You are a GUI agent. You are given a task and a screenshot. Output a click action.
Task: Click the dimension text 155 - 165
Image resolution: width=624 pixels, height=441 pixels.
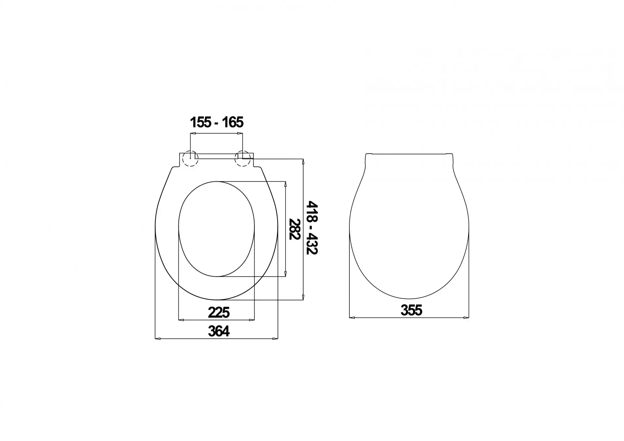(x=216, y=123)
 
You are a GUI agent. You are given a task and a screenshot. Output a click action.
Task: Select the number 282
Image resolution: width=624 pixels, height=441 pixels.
(x=294, y=229)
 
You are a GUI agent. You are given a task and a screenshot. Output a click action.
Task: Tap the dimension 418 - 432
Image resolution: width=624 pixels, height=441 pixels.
(x=312, y=227)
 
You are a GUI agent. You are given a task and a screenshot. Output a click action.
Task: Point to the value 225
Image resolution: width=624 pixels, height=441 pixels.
(x=219, y=313)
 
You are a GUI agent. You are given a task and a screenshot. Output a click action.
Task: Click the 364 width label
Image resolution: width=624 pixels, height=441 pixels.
(x=219, y=331)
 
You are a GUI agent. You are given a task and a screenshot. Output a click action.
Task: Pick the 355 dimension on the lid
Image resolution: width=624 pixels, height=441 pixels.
(x=411, y=310)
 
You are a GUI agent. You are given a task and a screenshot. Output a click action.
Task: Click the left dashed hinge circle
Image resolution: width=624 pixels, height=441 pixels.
(x=190, y=159)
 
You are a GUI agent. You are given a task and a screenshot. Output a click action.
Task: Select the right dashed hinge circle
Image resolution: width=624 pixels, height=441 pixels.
(x=242, y=159)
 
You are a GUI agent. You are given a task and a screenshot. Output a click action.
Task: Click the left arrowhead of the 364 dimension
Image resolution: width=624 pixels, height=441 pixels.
(x=158, y=339)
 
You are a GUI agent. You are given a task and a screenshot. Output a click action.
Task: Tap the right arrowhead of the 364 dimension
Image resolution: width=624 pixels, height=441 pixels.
(x=275, y=339)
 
